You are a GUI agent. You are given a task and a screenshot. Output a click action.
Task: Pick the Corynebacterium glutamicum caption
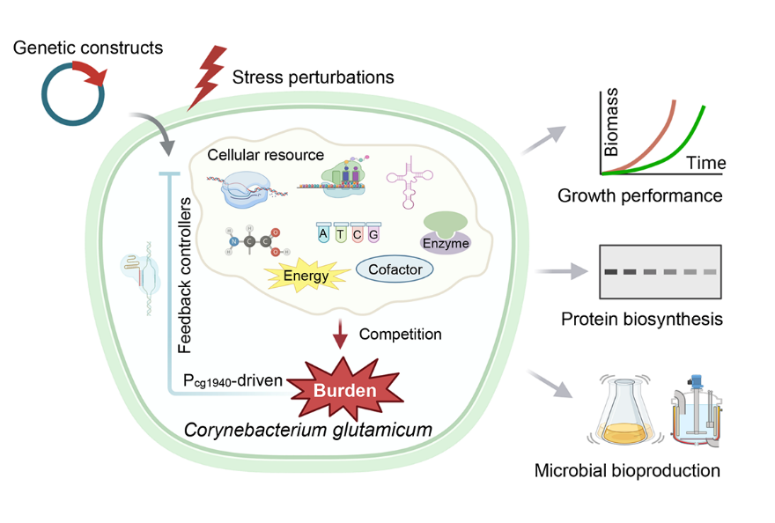point(297,431)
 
